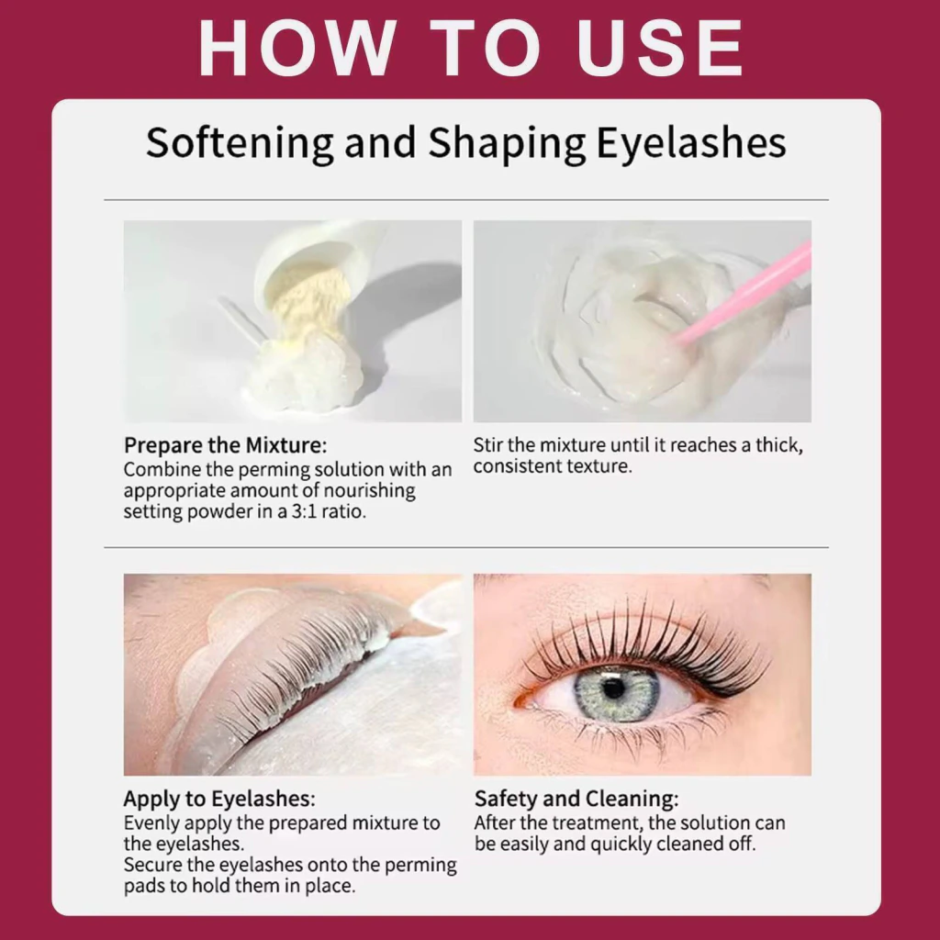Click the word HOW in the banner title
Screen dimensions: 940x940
297,48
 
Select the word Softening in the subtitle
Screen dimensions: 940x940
240,144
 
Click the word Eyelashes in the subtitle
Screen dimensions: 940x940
690,144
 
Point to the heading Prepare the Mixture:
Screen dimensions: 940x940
226,445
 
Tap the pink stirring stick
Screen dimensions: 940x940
744,293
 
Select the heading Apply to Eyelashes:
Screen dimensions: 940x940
219,800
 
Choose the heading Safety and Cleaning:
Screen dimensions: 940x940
576,800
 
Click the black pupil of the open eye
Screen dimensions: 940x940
612,688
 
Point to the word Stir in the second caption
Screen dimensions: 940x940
487,445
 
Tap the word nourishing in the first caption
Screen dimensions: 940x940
369,490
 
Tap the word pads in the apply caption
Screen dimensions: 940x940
144,887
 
